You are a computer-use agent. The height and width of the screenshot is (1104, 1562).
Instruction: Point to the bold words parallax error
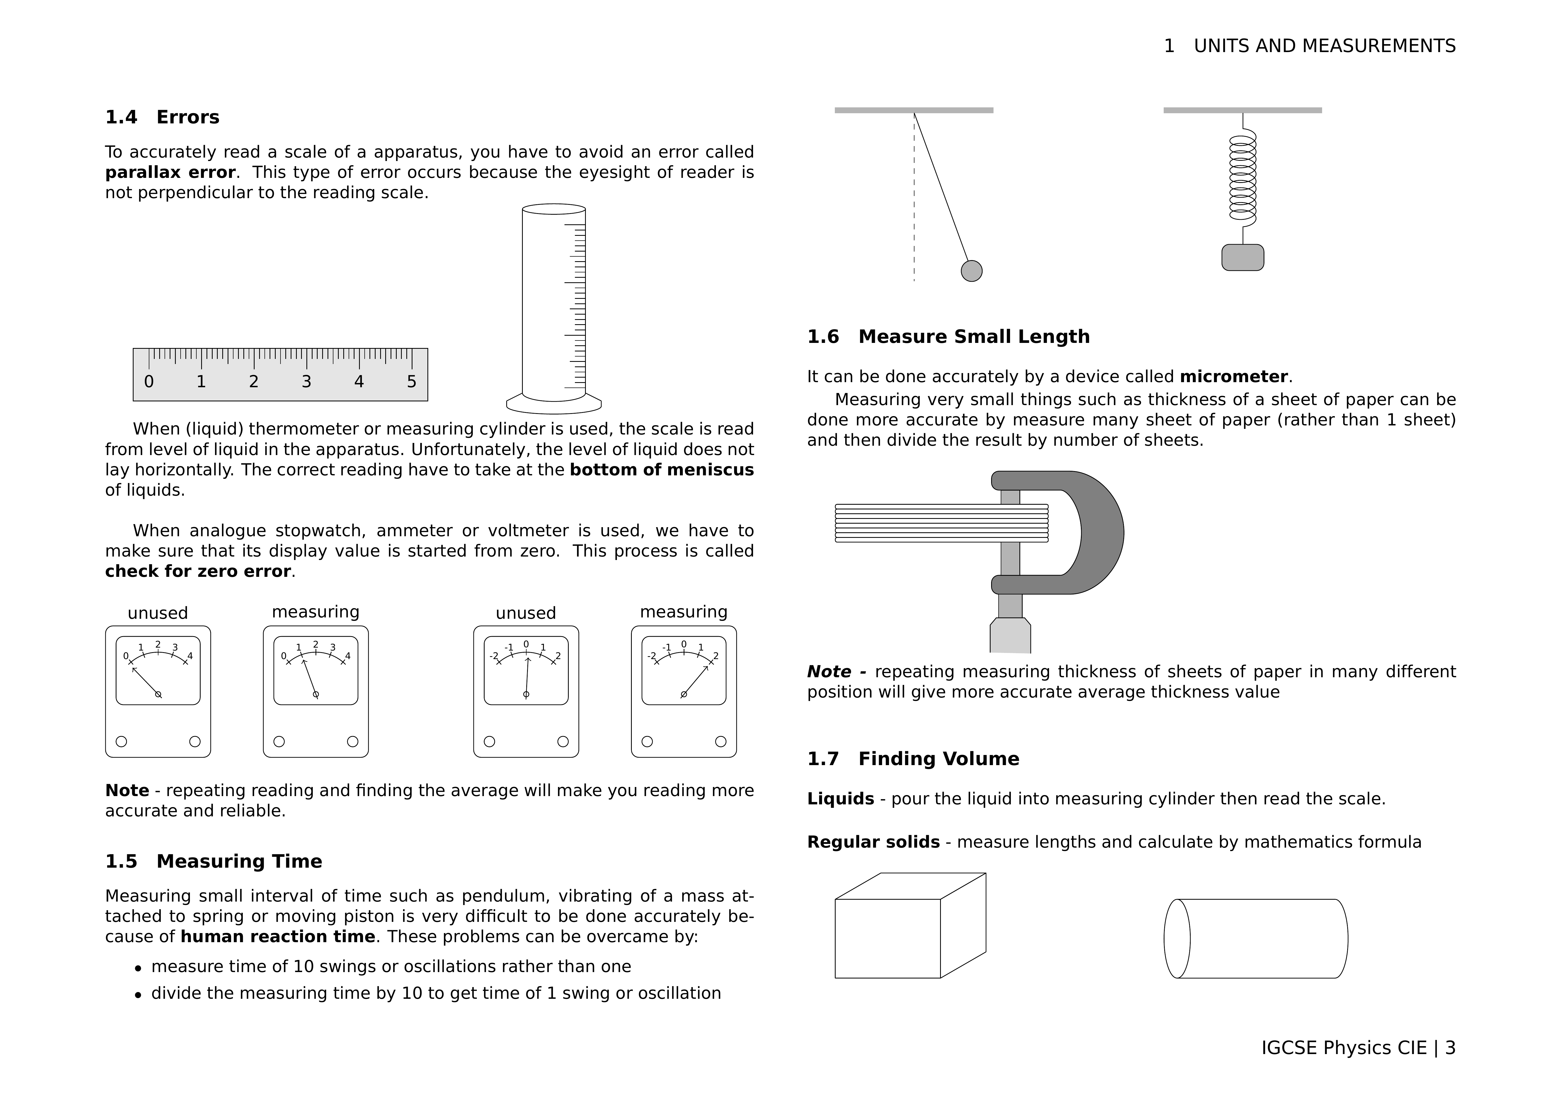click(170, 173)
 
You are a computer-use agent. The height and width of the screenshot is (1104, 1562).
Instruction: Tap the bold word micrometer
click(1233, 377)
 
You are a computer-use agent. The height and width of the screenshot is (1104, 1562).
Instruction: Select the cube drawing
click(898, 932)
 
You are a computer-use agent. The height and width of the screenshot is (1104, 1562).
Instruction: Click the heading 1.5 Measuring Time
click(214, 862)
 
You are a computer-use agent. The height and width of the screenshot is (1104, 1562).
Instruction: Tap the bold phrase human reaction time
click(278, 937)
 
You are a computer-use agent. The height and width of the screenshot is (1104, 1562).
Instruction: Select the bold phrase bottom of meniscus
click(661, 470)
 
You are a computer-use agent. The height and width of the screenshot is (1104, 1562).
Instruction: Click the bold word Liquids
click(840, 798)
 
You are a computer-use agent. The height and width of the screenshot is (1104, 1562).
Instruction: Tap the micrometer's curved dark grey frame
click(1102, 532)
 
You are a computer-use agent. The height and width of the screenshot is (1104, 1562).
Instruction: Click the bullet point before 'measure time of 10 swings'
click(138, 968)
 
